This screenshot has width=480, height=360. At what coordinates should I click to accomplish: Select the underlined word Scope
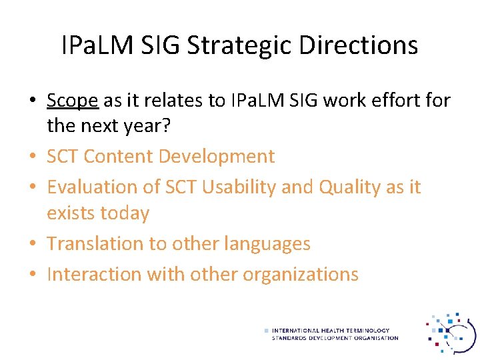coord(73,101)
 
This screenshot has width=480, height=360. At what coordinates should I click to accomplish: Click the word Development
coord(219,157)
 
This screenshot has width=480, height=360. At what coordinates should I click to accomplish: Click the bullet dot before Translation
coord(32,245)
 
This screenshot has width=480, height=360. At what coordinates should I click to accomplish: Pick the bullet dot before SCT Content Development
coord(32,157)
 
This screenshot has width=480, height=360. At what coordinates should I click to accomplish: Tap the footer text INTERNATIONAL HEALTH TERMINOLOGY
coord(331,331)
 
